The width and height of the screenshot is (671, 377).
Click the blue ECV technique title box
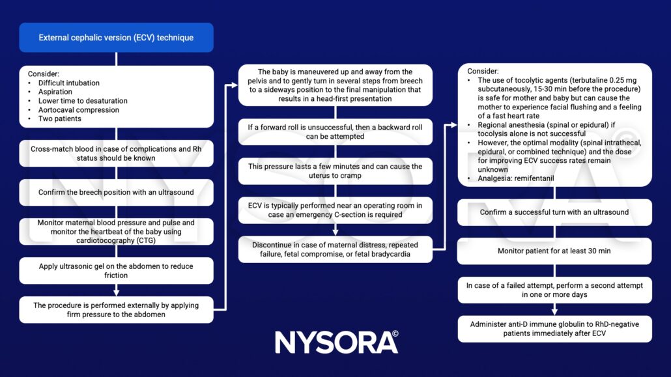pos(116,38)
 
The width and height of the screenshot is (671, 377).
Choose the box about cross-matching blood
pos(116,154)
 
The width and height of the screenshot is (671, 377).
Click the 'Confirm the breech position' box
pos(116,192)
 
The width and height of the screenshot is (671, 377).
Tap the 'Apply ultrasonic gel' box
pos(116,271)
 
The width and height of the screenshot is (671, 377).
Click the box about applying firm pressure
pos(116,310)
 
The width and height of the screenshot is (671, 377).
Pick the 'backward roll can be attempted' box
pos(335,132)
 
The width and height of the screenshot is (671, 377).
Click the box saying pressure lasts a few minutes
pos(335,171)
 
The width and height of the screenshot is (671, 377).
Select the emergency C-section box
pos(335,210)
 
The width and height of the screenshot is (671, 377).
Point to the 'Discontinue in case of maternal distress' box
pos(335,249)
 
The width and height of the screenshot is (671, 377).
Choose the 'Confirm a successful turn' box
pos(554,212)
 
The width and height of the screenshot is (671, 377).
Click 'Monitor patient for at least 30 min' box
pos(554,251)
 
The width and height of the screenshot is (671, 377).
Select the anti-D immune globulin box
pos(554,329)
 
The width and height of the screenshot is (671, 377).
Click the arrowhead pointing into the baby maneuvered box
pos(235,85)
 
